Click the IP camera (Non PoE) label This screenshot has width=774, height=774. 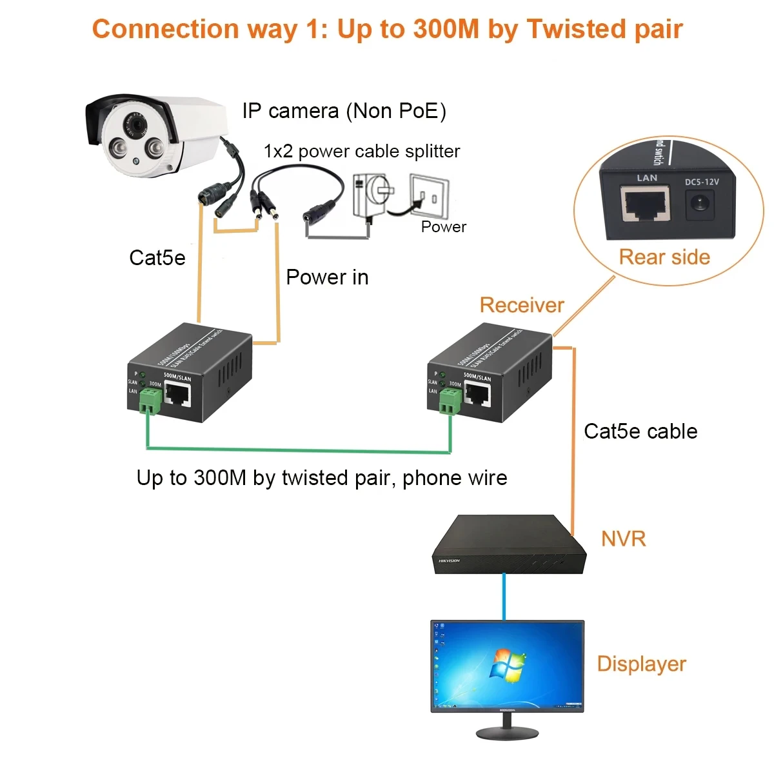point(344,111)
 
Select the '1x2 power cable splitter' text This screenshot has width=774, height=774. point(361,152)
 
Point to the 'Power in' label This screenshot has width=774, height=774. point(327,277)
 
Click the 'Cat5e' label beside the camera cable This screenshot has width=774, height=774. point(157,258)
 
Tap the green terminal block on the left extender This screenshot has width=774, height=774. point(150,402)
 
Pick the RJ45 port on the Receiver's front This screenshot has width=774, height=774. point(477,393)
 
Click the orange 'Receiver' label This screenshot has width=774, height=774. point(522,305)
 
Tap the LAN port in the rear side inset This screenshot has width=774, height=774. point(645,203)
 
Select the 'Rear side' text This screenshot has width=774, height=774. point(664,257)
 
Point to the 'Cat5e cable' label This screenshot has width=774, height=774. point(640,432)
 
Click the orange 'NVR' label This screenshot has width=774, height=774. point(623,539)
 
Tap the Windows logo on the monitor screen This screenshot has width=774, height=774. point(508,664)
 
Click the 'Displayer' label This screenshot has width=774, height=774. point(641,664)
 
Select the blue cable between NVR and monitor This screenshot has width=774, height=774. point(504,597)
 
